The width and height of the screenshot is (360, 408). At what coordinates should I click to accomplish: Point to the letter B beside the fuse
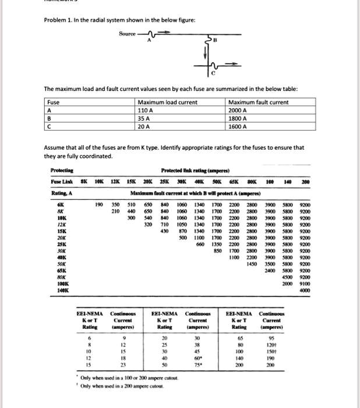pyautogui.click(x=215, y=41)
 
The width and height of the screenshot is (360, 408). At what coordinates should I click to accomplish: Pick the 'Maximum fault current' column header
pyautogui.click(x=259, y=103)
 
